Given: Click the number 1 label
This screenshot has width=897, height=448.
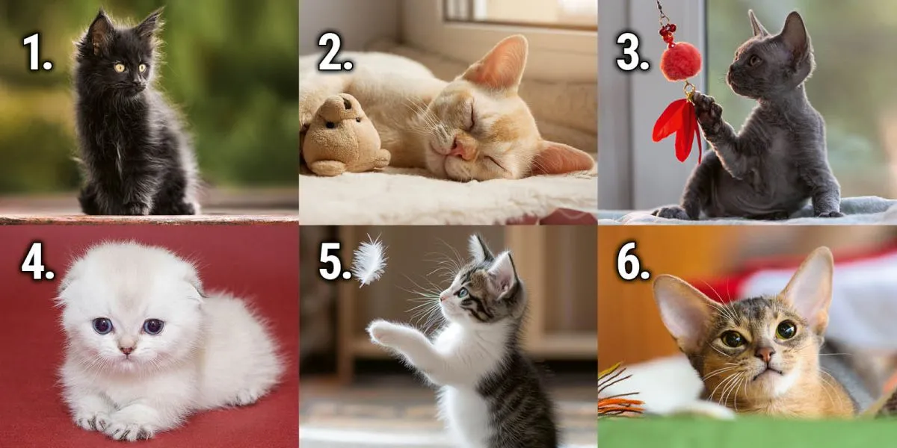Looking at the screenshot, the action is coord(37,52).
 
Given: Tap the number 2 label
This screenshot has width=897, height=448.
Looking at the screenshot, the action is coord(335,52).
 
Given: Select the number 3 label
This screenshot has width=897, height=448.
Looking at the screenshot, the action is coord(632,52).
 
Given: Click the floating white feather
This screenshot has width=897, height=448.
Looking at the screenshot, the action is coord(369,260).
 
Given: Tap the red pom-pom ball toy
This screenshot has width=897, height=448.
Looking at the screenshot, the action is coord(681,61).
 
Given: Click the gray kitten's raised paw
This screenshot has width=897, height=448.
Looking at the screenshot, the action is coord(708,111).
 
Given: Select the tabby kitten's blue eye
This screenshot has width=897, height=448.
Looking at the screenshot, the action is coord(463,293).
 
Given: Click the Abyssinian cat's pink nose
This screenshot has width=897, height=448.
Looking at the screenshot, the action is coord(765,354).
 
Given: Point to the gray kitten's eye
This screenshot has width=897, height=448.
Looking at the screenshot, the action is coord(755,60).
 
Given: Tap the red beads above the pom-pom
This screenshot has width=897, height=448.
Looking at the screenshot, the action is coord(668,33).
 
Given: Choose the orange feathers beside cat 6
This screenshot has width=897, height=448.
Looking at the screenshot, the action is coord(619,394).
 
